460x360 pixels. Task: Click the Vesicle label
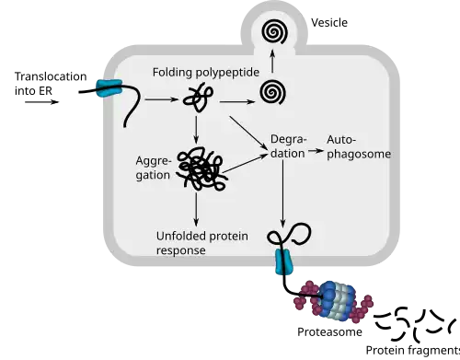tap(329, 23)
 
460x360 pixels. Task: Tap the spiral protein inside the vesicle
tap(275, 31)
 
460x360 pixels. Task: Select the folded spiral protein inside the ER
tap(273, 92)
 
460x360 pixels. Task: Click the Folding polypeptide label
tap(206, 73)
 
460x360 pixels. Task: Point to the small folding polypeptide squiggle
tap(198, 99)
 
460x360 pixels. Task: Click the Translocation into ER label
tap(51, 84)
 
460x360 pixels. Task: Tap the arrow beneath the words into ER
tap(41, 102)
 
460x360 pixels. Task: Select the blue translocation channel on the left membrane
tap(109, 87)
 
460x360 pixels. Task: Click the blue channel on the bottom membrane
tap(284, 261)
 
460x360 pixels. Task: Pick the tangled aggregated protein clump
tap(202, 169)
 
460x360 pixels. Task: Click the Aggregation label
tap(153, 168)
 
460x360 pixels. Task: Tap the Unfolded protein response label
tap(202, 243)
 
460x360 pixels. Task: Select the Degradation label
tap(288, 146)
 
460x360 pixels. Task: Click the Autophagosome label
tap(359, 147)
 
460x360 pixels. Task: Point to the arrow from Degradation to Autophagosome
tap(316, 151)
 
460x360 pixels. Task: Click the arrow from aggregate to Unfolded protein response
tap(196, 209)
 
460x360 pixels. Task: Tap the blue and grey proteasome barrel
tap(337, 298)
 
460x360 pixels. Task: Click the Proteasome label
tap(329, 332)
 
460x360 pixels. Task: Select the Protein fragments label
tap(413, 350)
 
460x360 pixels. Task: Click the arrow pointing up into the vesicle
tap(272, 62)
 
